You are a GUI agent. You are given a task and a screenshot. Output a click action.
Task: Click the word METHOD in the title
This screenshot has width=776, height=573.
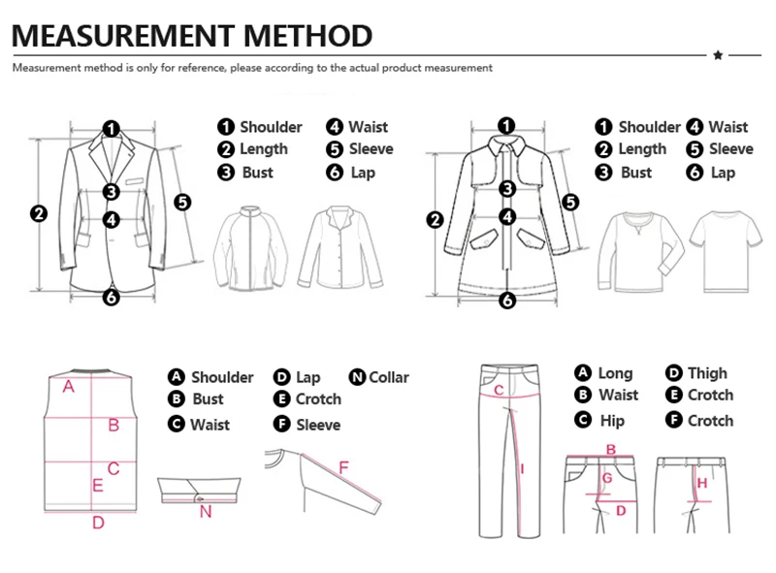(307, 36)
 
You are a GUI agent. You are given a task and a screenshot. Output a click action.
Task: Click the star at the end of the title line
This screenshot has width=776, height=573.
(718, 55)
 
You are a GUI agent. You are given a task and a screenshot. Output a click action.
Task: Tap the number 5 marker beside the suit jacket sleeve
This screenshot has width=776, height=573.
(182, 202)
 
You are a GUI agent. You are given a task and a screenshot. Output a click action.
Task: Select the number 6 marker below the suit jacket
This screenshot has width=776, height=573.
(112, 297)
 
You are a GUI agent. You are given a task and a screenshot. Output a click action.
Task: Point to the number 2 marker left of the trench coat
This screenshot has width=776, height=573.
(435, 220)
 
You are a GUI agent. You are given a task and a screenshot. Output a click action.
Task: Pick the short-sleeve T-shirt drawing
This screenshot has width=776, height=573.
(726, 251)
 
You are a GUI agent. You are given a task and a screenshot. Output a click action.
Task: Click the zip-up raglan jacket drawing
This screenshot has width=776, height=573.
(250, 247)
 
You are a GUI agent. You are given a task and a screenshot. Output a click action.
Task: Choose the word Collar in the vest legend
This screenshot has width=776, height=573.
(389, 377)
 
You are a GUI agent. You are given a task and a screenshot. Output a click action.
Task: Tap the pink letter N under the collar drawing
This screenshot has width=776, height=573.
(206, 512)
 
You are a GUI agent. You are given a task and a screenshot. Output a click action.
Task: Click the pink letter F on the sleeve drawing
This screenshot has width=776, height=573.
(343, 467)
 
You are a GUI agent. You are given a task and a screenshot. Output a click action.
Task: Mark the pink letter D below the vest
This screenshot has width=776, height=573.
(99, 522)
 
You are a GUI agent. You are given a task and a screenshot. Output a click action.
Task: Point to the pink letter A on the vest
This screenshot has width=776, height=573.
(68, 387)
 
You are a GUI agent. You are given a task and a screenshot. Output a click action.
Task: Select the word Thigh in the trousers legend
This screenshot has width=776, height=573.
(707, 372)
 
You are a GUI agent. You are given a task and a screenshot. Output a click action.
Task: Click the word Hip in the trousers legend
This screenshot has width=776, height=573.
(612, 421)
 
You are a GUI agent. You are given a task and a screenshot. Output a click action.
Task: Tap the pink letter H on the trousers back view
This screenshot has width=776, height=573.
(701, 483)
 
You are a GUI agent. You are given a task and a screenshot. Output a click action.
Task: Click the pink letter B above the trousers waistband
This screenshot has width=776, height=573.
(611, 449)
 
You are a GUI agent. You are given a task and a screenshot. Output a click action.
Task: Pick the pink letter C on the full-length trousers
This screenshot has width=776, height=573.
(499, 390)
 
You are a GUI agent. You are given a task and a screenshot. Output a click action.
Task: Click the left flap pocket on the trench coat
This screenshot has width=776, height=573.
(484, 239)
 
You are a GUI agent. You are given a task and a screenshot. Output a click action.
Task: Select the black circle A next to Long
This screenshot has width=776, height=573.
(583, 372)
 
